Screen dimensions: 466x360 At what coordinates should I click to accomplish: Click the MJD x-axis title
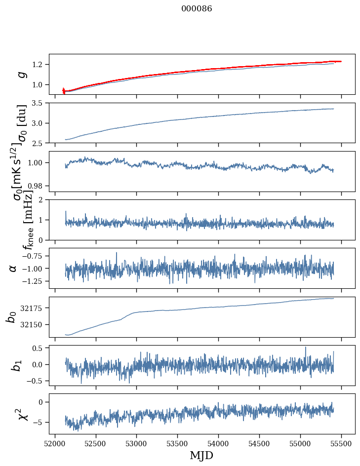[x=202, y=456]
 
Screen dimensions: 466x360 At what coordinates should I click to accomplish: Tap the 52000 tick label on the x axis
[x=55, y=443]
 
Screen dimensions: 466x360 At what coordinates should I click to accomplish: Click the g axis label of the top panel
[x=21, y=74]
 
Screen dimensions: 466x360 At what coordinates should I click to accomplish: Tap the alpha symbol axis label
[x=13, y=268]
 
